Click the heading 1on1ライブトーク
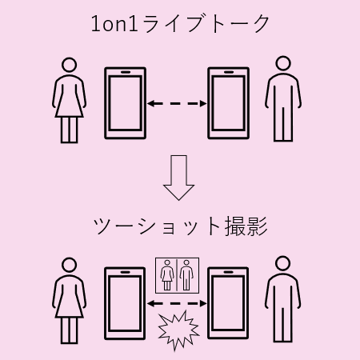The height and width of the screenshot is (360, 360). pyautogui.click(x=180, y=24)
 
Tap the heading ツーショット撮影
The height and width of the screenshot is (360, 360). pyautogui.click(x=180, y=226)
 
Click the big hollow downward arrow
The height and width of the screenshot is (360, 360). pyautogui.click(x=178, y=178)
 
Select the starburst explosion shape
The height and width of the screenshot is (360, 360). pyautogui.click(x=178, y=330)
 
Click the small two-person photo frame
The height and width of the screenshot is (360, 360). pyautogui.click(x=177, y=275)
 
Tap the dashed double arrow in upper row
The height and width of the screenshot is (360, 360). pyautogui.click(x=177, y=103)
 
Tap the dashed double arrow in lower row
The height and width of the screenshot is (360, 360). pyautogui.click(x=177, y=303)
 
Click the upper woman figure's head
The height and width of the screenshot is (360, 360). pyautogui.click(x=69, y=65)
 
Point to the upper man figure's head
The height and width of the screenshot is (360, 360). pyautogui.click(x=283, y=63)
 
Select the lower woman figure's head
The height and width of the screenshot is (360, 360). pyautogui.click(x=69, y=265)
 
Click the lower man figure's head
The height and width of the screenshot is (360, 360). pyautogui.click(x=282, y=263)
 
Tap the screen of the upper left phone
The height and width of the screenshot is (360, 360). pyautogui.click(x=125, y=103)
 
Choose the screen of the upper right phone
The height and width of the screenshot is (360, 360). pyautogui.click(x=229, y=103)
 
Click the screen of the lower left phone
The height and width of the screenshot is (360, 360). pyautogui.click(x=125, y=304)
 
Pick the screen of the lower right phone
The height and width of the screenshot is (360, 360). pyautogui.click(x=228, y=303)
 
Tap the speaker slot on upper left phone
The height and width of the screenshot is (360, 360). pyautogui.click(x=125, y=72)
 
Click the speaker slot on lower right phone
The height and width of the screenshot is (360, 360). pyautogui.click(x=228, y=272)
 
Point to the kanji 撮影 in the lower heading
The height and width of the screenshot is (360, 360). pyautogui.click(x=246, y=226)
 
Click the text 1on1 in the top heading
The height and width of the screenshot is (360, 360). pyautogui.click(x=114, y=24)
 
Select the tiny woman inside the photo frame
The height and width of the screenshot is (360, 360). pyautogui.click(x=167, y=275)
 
